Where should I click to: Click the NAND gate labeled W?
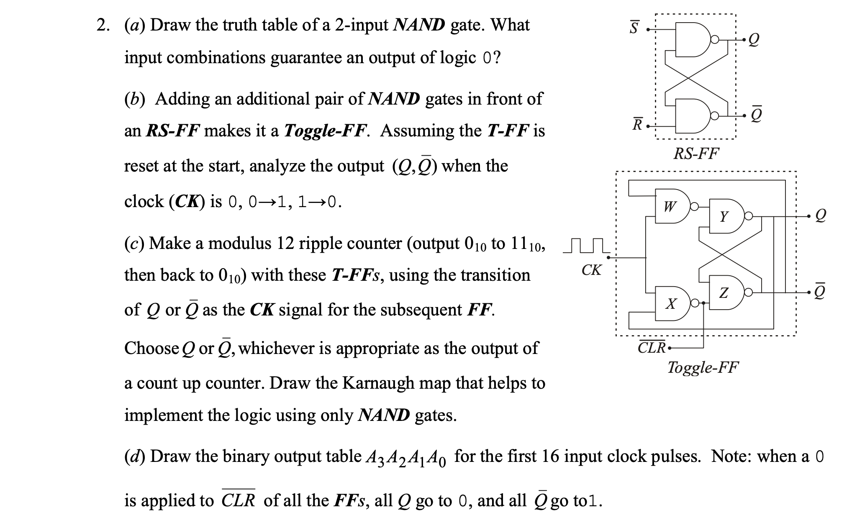coord(672,206)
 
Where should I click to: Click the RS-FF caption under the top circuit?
coord(696,154)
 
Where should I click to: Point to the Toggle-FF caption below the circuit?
coord(703,367)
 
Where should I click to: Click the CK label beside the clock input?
coord(591,270)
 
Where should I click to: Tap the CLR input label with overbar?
coord(652,347)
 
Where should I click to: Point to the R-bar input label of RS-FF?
coord(637,124)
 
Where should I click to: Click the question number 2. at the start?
coord(103,26)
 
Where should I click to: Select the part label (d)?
coord(134,456)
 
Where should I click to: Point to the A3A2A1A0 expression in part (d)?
coord(406,457)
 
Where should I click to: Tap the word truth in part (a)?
coord(240,26)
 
